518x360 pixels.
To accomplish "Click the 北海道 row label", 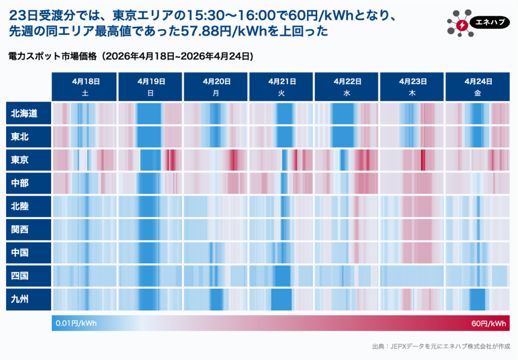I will pos(25,113).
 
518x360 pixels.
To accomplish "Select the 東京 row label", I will pos(25,160).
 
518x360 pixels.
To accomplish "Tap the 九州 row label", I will pos(25,300).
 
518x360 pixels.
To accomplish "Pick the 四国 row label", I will pos(25,276).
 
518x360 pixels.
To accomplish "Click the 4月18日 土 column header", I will pos(84,87).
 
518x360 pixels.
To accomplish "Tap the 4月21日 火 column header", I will pos(281,87).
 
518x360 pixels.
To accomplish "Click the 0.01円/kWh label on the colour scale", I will pos(76,323).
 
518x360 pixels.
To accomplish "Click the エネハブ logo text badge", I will pos(488,22).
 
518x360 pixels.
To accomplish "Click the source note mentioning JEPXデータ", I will pos(440,346).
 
